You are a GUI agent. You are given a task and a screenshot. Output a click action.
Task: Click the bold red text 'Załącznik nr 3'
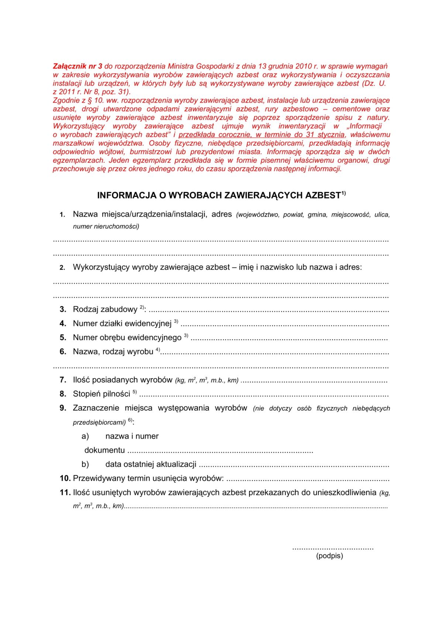[78, 66]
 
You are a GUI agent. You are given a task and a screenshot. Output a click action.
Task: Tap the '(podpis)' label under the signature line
[329, 556]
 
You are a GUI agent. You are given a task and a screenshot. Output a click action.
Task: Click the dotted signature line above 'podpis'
[333, 548]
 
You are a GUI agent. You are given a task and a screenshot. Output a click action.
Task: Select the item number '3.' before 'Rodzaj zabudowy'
[63, 309]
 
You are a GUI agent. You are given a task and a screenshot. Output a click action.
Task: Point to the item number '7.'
[63, 380]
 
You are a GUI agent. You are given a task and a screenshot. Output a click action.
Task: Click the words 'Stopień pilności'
[102, 394]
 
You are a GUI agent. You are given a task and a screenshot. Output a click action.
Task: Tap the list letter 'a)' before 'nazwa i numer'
[85, 436]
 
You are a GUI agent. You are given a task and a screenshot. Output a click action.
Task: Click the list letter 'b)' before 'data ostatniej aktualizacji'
[85, 464]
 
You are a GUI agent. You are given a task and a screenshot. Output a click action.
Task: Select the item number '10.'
[65, 478]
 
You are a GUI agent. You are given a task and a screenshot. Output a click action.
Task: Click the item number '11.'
[65, 492]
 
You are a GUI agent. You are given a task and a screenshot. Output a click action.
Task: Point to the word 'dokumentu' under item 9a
[104, 450]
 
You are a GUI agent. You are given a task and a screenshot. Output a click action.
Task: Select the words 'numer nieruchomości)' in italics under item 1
[106, 226]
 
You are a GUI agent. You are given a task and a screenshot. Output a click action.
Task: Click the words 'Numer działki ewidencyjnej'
[122, 324]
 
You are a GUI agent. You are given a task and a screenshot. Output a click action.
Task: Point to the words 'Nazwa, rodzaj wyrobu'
[113, 352]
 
